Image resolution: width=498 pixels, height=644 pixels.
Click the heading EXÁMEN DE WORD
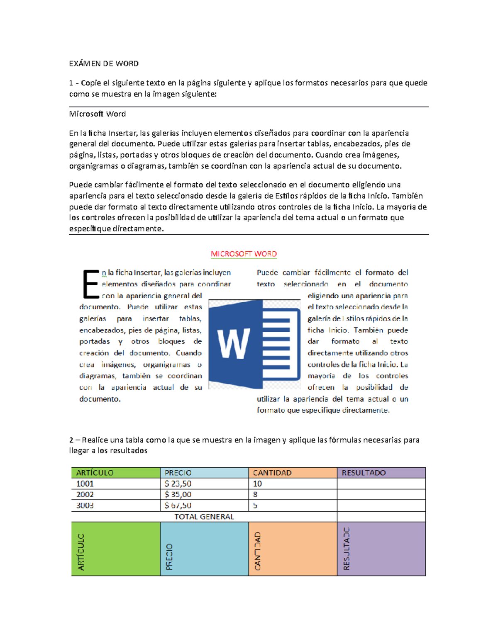(x=104, y=63)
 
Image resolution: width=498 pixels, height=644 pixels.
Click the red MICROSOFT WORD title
(x=244, y=254)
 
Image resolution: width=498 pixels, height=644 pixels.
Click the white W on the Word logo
(x=234, y=344)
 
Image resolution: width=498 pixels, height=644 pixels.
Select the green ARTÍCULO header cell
(x=115, y=473)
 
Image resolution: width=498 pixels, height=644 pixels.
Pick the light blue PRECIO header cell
(x=204, y=473)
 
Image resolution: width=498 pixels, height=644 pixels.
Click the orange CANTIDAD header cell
(x=293, y=473)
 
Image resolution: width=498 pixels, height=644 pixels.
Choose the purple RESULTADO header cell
(x=381, y=473)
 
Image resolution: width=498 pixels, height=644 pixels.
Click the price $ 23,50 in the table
(x=178, y=484)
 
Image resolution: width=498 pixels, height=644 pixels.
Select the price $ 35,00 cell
(x=178, y=494)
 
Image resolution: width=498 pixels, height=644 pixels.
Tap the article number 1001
(x=85, y=484)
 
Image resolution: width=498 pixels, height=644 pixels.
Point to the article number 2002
(x=85, y=494)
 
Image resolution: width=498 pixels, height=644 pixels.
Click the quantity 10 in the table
(x=257, y=484)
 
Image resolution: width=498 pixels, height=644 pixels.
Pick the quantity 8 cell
(x=255, y=494)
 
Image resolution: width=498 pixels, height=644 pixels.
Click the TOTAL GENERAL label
(x=204, y=517)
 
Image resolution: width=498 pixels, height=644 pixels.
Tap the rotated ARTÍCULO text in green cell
(x=81, y=552)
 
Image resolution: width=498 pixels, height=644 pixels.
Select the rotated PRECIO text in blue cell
(x=169, y=557)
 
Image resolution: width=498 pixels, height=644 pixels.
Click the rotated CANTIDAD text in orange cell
(x=258, y=551)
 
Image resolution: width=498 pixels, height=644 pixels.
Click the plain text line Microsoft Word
(x=98, y=114)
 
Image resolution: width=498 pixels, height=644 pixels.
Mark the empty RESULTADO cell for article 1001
(x=381, y=484)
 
